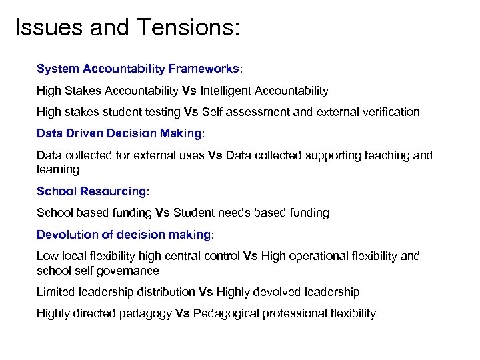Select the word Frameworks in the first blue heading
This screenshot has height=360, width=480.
pos(203,69)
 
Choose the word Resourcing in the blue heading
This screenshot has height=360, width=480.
pos(113,191)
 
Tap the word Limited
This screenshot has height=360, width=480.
pos(56,292)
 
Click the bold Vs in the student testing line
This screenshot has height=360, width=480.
pos(191,111)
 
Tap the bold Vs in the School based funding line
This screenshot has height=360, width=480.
pos(163,213)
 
